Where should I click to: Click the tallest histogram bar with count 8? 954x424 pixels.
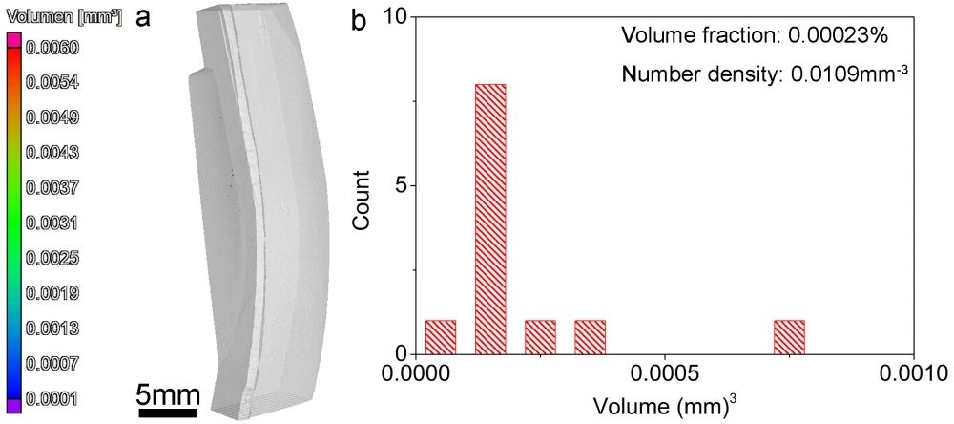(490, 218)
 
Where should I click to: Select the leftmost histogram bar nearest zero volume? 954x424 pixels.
(441, 335)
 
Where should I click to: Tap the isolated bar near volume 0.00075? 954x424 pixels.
(789, 335)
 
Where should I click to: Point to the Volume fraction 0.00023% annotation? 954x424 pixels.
(755, 36)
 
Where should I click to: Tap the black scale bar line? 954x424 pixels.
(168, 413)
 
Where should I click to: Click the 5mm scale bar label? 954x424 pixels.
(168, 393)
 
